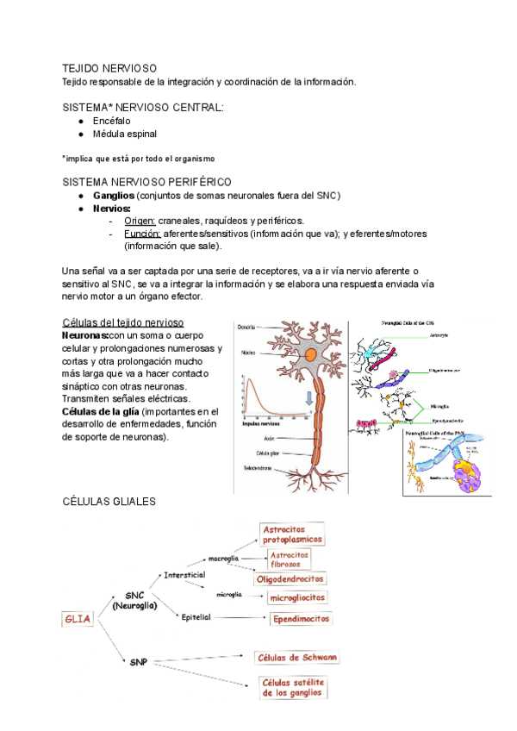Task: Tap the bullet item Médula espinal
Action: point(125,134)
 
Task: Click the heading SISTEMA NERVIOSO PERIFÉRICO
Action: point(146,182)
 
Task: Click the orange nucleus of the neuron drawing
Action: point(309,354)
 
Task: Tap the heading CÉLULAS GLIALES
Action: point(109,501)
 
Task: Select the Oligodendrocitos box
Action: point(291,579)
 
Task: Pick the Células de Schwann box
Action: point(297,658)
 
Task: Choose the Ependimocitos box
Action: point(299,619)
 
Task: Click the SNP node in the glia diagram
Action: point(139,662)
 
